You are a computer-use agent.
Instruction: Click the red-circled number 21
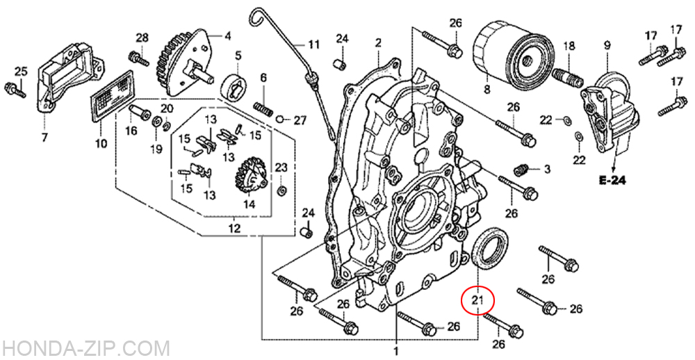(x=477, y=300)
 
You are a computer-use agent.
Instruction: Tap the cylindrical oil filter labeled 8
(x=505, y=54)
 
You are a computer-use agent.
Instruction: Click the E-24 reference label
(x=613, y=181)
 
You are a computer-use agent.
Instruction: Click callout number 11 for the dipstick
(x=314, y=45)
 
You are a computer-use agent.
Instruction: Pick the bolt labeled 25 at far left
(x=14, y=88)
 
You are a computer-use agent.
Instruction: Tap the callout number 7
(x=44, y=138)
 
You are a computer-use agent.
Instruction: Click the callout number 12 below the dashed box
(x=234, y=228)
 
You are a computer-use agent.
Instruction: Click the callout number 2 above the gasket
(x=378, y=43)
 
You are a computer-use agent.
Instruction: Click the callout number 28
(x=142, y=37)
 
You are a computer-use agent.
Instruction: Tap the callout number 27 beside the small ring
(x=300, y=120)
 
